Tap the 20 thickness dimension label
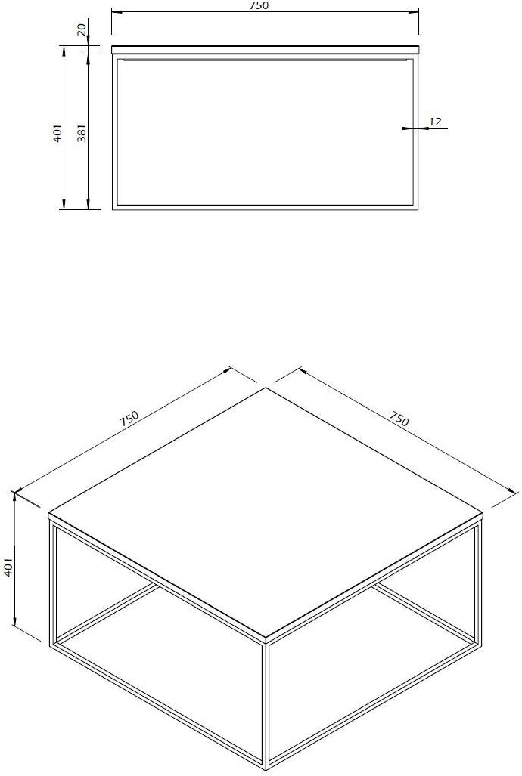click(82, 29)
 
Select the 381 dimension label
click(82, 133)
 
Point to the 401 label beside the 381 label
click(58, 133)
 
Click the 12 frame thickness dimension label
click(435, 121)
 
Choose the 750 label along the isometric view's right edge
click(399, 419)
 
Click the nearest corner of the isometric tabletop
click(267, 638)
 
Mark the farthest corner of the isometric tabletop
click(266, 388)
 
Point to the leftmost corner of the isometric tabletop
click(48, 513)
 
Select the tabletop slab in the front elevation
click(266, 49)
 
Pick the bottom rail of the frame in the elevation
click(266, 207)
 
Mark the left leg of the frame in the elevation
click(114, 131)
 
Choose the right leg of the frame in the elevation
click(416, 131)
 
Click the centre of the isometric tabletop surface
click(266, 512)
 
